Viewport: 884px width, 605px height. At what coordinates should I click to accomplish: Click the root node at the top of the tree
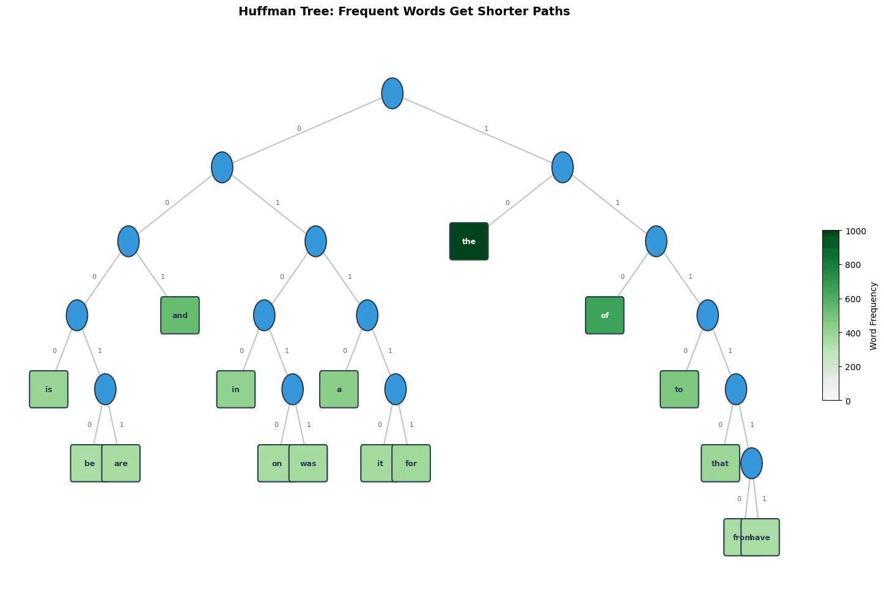point(392,94)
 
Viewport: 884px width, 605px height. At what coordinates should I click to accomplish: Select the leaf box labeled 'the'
point(469,242)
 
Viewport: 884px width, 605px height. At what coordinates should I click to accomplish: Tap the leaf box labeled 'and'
point(180,316)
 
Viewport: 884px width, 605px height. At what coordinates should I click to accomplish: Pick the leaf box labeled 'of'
point(605,316)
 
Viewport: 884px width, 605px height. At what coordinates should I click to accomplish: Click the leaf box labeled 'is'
point(49,390)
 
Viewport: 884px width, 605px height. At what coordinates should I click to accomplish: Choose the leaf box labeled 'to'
point(679,390)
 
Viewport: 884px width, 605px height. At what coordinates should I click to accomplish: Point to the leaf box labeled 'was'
point(309,464)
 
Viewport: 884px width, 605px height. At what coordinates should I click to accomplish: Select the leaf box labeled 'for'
point(411,464)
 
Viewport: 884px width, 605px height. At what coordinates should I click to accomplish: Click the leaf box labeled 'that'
point(720,464)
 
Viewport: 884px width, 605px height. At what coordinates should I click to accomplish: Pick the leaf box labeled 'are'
point(122,464)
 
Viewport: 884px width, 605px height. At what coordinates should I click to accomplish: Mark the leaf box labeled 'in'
point(236,390)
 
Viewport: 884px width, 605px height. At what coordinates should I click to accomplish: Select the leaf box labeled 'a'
point(339,390)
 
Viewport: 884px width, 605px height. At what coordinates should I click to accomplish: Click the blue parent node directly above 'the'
point(562,168)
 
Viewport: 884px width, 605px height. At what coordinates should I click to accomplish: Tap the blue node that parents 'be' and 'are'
point(105,390)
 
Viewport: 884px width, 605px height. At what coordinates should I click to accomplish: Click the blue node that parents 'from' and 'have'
point(751,464)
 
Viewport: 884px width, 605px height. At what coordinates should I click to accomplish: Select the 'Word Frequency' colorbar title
point(874,316)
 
